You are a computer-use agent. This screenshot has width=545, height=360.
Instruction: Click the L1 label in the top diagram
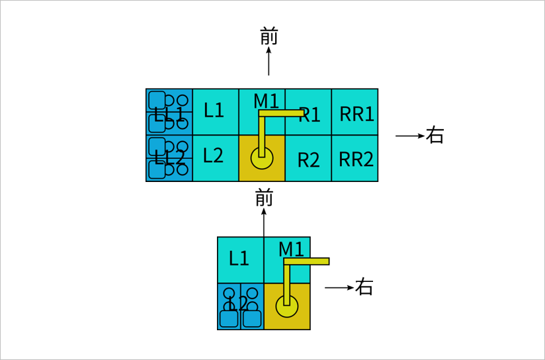214,110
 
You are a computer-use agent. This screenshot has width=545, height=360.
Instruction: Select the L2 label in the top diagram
213,156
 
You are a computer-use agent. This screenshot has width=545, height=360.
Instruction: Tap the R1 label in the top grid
310,115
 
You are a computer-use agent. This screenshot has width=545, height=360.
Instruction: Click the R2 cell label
308,160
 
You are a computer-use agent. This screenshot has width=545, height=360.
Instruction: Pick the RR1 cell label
356,114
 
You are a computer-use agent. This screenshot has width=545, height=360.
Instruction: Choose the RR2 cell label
356,159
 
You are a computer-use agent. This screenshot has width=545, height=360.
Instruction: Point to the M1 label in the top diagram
266,101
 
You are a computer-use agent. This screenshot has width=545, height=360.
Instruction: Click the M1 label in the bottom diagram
291,249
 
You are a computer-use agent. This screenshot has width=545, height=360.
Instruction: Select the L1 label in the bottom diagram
239,258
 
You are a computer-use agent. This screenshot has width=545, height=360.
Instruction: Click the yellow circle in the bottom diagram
287,306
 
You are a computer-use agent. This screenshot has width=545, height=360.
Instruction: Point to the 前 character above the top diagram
269,37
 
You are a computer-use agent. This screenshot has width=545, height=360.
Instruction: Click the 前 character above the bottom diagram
264,197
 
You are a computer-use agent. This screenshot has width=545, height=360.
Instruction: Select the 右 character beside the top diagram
435,136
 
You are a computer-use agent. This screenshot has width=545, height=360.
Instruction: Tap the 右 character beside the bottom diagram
364,287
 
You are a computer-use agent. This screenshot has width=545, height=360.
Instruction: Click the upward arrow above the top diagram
269,62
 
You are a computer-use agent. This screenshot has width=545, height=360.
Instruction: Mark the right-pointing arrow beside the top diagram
409,136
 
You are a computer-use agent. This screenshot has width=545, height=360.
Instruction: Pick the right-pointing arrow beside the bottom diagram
339,288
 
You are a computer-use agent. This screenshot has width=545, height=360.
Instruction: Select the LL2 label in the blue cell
169,158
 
